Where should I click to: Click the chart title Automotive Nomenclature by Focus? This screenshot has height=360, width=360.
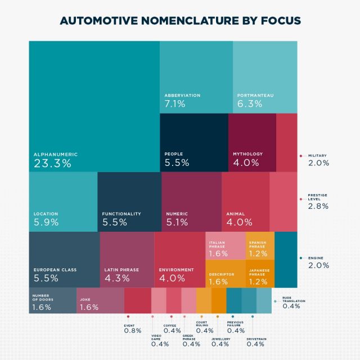(x=180, y=21)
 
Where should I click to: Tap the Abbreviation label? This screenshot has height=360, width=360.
(x=182, y=96)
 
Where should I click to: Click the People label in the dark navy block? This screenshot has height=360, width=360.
(x=173, y=154)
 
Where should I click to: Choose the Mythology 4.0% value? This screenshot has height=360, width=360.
(x=246, y=163)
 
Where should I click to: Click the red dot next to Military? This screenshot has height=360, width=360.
(x=301, y=155)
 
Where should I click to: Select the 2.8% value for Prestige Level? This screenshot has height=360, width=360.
(x=318, y=206)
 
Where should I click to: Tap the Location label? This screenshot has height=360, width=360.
(x=46, y=214)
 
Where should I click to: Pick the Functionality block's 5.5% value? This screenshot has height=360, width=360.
(x=115, y=223)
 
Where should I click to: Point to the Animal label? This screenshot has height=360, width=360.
(x=236, y=214)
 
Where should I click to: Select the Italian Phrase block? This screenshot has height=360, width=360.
(x=225, y=245)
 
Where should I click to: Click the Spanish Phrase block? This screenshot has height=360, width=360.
(x=260, y=245)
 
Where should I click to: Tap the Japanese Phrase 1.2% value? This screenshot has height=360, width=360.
(x=258, y=281)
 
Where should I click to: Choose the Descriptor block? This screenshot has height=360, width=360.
(x=225, y=273)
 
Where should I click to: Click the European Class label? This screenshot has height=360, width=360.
(x=55, y=269)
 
